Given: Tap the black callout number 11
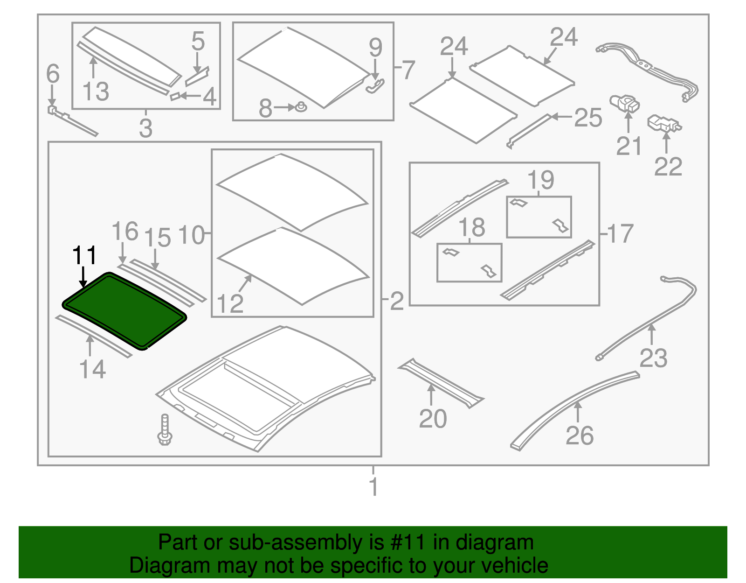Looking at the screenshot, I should click(84, 255).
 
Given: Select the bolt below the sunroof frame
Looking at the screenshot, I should click(165, 430).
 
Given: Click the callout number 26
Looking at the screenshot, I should click(580, 435).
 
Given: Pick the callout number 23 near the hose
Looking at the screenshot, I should click(653, 358).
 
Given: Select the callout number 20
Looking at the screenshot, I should click(433, 418).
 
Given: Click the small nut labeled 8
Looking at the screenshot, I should click(301, 107).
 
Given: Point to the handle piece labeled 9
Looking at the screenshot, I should click(376, 86).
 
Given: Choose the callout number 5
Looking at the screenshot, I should click(198, 42).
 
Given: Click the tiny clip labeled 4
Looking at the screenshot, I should click(175, 97).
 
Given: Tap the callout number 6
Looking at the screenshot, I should click(53, 74).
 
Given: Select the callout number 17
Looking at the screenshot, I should click(621, 233).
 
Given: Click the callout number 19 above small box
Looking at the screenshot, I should click(540, 180).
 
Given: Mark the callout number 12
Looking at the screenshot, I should click(230, 303).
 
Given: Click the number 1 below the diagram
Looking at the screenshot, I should click(373, 486).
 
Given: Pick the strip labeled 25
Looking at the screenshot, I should click(530, 131).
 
